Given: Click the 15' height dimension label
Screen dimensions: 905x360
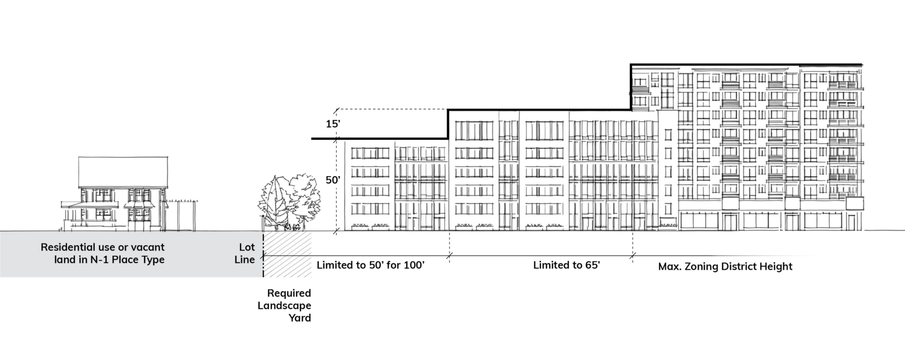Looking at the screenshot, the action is point(333,124).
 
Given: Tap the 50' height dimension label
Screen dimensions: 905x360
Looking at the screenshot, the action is point(333,180).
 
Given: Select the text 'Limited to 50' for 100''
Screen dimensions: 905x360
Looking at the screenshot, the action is point(370,265).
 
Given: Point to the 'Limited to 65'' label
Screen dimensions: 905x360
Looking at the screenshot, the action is point(566,265).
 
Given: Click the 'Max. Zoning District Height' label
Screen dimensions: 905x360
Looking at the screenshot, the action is point(725,267).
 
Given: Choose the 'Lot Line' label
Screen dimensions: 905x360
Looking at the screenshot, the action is point(244,254).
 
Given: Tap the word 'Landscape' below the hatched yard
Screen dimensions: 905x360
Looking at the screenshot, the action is point(285,306).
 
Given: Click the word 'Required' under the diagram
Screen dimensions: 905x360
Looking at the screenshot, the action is point(289,293).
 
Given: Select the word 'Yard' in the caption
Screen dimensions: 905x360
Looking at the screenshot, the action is point(300,318).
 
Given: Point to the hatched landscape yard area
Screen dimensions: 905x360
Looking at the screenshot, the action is point(288,254).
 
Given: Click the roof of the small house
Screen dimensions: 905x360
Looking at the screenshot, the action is point(123,172).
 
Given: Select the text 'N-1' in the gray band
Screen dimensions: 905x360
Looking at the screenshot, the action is point(99,260).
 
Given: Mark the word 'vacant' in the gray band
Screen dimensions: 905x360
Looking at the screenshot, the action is point(147,247).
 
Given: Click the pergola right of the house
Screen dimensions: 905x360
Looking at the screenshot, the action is point(181,215).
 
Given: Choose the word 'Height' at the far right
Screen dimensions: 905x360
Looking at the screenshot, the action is point(776,267).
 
